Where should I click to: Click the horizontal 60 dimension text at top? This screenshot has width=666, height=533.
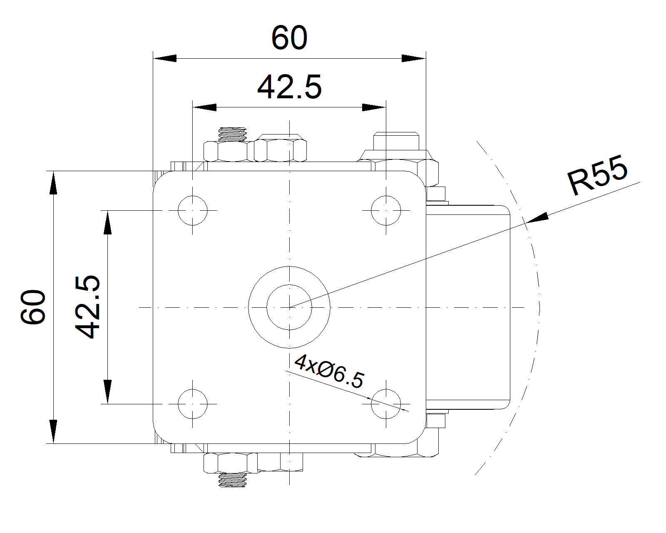pyautogui.click(x=289, y=37)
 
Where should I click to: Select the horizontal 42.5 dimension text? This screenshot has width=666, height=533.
pyautogui.click(x=289, y=87)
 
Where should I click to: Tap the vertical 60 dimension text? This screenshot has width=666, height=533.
pyautogui.click(x=33, y=307)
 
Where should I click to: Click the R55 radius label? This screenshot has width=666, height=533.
pyautogui.click(x=597, y=175)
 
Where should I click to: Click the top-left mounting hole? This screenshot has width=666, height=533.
pyautogui.click(x=192, y=211)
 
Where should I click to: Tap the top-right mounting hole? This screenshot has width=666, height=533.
pyautogui.click(x=386, y=211)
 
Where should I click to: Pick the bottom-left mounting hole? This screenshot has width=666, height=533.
pyautogui.click(x=192, y=404)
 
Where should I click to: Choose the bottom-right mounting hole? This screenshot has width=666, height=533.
pyautogui.click(x=386, y=404)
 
